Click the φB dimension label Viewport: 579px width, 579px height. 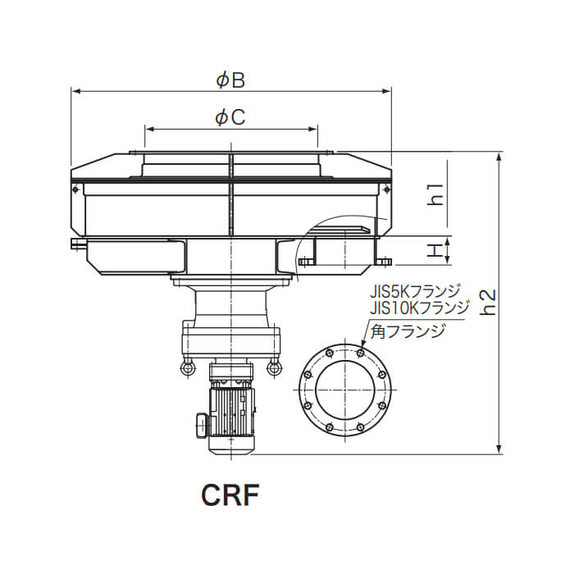[230, 80]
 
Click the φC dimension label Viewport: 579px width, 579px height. [230, 117]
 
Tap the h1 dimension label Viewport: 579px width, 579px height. [436, 194]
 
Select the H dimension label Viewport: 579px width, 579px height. [436, 251]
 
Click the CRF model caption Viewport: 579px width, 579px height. [230, 495]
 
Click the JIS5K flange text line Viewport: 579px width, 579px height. [416, 292]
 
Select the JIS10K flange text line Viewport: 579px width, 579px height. [420, 308]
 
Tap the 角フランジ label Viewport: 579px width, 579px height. [408, 331]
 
